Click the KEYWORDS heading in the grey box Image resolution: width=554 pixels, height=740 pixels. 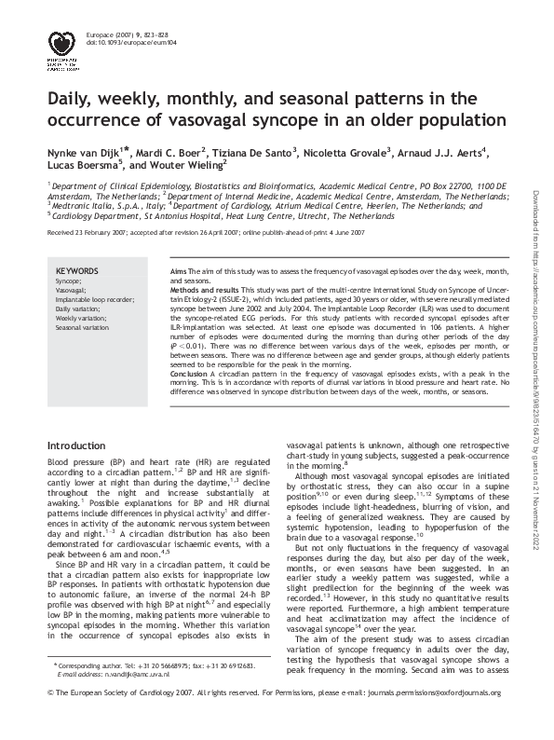[x=76, y=269]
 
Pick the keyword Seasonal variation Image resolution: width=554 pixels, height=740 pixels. [x=82, y=328]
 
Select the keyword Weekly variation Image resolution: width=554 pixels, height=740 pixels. [x=80, y=318]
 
